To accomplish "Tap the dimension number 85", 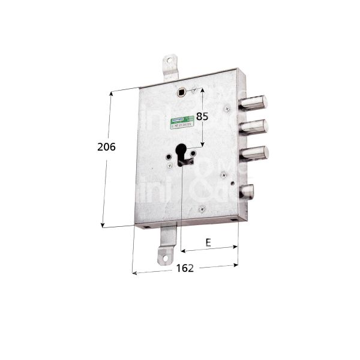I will click(x=202, y=117).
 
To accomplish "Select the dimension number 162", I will click(x=186, y=268).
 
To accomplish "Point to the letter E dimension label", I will click(x=208, y=242).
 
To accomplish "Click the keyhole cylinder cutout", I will click(x=182, y=154).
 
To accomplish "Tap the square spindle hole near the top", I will click(x=182, y=92).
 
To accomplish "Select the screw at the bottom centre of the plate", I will click(x=202, y=208).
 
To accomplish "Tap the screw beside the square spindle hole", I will click(x=194, y=91).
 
